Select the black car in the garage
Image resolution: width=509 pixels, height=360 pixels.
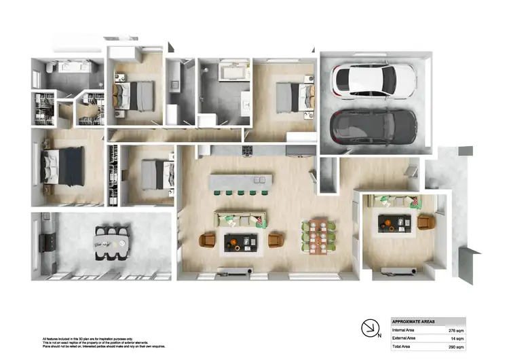[373, 125]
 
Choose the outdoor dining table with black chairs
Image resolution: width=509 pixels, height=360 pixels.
[110, 242]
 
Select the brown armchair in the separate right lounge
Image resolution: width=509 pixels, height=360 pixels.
[426, 222]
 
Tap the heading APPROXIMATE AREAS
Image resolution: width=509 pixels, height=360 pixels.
[415, 321]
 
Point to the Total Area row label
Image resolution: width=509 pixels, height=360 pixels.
[405, 346]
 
